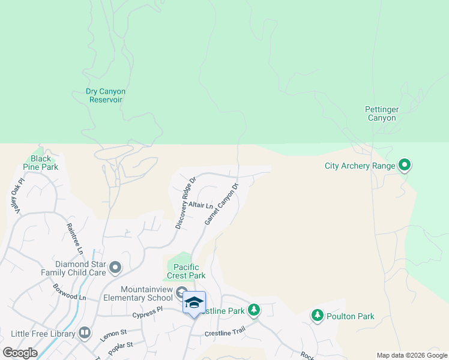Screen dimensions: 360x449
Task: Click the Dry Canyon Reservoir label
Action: [x=106, y=95]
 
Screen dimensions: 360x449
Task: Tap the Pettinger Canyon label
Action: [x=381, y=113]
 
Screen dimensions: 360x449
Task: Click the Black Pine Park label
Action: [x=44, y=163]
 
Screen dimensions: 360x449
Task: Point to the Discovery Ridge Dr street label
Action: [x=185, y=203]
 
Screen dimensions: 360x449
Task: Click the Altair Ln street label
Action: [x=201, y=205]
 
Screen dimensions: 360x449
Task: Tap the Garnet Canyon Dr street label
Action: [x=221, y=204]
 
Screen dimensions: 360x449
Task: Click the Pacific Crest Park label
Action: [x=190, y=271]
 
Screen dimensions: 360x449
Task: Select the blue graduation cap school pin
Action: [x=194, y=302]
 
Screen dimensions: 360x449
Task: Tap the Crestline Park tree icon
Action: [x=254, y=310]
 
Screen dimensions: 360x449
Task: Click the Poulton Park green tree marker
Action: [x=318, y=315]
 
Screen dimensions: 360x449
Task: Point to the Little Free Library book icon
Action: [x=85, y=332]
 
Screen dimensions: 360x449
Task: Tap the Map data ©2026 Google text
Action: [x=412, y=355]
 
